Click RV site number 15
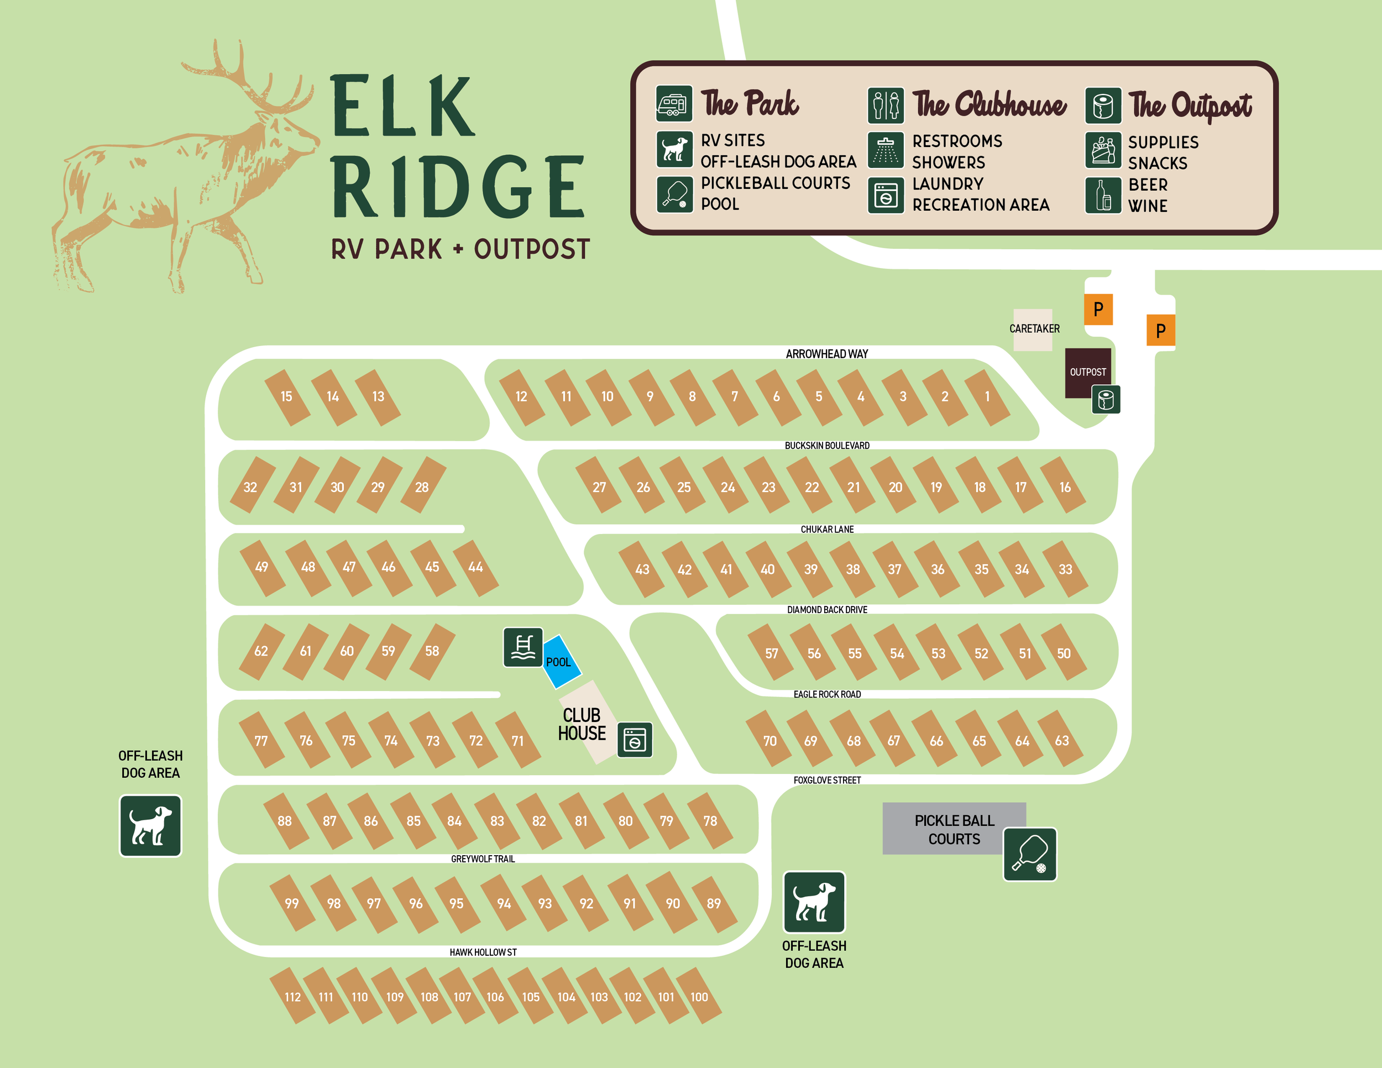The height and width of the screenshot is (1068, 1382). click(287, 397)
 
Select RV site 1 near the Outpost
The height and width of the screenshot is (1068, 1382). click(987, 397)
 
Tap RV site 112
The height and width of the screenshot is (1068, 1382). click(292, 997)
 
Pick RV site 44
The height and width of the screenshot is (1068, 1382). click(475, 568)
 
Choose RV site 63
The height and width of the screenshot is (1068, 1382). click(1061, 740)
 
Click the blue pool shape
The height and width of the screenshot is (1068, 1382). click(561, 661)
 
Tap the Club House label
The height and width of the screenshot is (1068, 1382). click(582, 725)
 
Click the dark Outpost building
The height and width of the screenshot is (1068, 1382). click(1087, 371)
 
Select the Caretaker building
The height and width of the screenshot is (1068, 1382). click(1033, 329)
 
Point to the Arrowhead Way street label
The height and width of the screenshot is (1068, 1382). click(826, 354)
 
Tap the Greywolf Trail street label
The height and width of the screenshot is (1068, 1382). click(483, 858)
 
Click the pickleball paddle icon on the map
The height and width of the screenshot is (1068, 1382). click(1029, 854)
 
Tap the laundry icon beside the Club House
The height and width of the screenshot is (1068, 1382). click(635, 740)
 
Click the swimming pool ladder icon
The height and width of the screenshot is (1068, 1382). click(523, 647)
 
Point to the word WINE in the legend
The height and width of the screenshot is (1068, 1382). click(1147, 206)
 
